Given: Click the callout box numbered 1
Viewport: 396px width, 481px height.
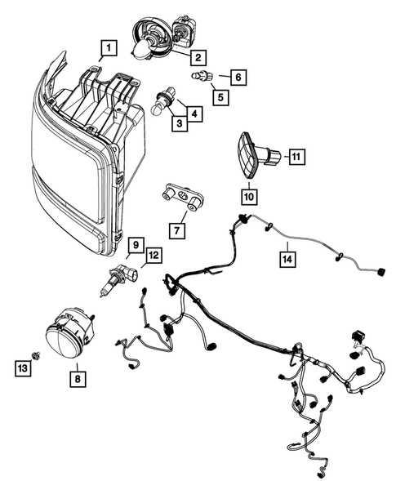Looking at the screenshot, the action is pos(109,48).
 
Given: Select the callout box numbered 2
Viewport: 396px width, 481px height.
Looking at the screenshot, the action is pos(198,57).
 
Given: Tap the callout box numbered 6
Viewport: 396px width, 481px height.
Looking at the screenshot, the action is pos(238,77).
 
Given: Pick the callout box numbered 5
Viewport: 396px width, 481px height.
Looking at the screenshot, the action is pos(220,97).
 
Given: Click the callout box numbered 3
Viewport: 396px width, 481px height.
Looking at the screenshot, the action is pos(180,123).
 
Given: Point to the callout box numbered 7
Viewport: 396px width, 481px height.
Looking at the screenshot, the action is pos(177,230).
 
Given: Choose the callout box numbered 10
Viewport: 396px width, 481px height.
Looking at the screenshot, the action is pos(249,197).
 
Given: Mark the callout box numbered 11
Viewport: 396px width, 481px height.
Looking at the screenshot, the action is pos(296,157).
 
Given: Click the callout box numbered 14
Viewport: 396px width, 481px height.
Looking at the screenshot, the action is pos(287,259).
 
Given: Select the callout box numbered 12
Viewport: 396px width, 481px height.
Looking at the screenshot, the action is pos(154,255).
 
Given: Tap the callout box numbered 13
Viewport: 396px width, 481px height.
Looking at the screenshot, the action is pos(23,368).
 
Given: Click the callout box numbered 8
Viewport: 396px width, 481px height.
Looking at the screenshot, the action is pos(78,379).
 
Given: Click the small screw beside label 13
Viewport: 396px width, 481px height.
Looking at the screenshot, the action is pos(36,356).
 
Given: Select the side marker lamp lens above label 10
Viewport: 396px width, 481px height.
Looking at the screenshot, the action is pos(247,155).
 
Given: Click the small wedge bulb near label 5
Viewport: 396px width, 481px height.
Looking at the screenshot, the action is pos(201,76).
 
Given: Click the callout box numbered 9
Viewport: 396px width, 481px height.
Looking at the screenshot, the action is pos(136,245).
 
